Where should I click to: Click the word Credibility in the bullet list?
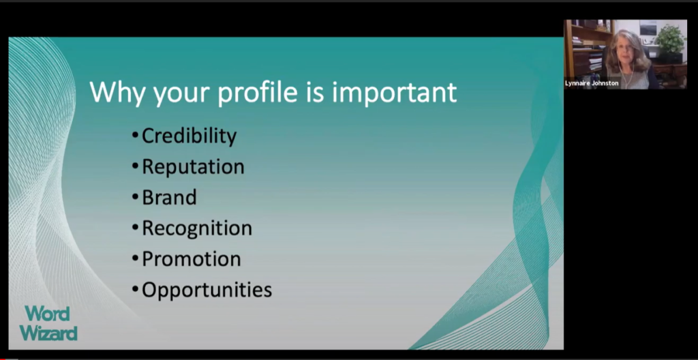pos(189,136)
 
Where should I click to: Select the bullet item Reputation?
pos(193,166)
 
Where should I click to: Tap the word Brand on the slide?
pos(169,197)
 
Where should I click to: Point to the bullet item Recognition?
pos(197,228)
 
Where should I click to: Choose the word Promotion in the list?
pos(192,259)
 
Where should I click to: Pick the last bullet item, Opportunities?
pos(207,290)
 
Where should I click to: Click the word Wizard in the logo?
pos(48,333)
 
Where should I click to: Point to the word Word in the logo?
pos(47,314)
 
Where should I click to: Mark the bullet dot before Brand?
pos(136,197)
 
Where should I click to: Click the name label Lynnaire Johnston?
pos(592,83)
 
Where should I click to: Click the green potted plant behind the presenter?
pos(669,40)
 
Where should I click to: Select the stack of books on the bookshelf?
pos(594,60)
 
